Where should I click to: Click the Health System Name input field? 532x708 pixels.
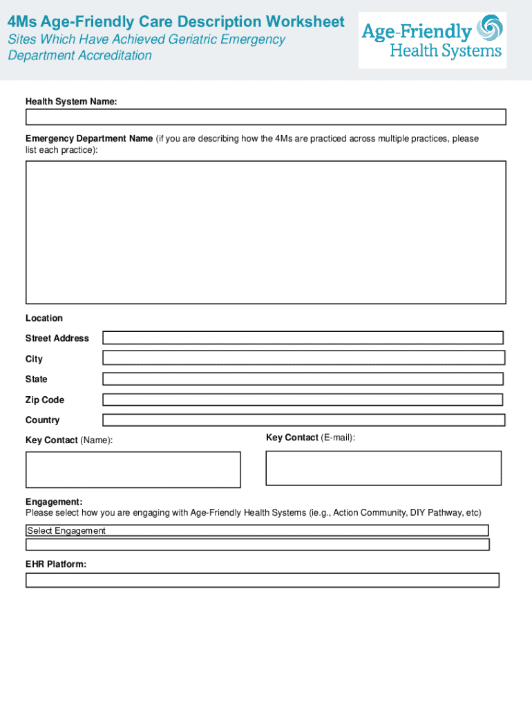pos(265,117)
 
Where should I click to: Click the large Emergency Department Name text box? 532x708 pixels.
pos(265,232)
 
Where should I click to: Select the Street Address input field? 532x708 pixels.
pos(303,337)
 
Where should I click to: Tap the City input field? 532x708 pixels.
pos(303,357)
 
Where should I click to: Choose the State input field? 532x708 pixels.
pos(303,379)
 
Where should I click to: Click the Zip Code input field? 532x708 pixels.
pos(303,400)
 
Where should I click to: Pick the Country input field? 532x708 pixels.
pos(303,420)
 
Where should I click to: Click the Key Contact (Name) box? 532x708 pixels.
pos(133,469)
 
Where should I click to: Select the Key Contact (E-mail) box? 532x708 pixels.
pos(383,468)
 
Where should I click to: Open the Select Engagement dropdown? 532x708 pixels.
pos(257,530)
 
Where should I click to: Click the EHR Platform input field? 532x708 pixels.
pos(262,580)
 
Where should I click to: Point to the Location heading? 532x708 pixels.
pos(44,318)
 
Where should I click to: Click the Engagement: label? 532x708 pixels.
pos(54,501)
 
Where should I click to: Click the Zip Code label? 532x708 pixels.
pos(44,400)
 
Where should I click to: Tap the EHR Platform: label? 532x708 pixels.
pos(56,564)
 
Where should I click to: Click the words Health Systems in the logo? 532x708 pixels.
pos(446,51)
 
